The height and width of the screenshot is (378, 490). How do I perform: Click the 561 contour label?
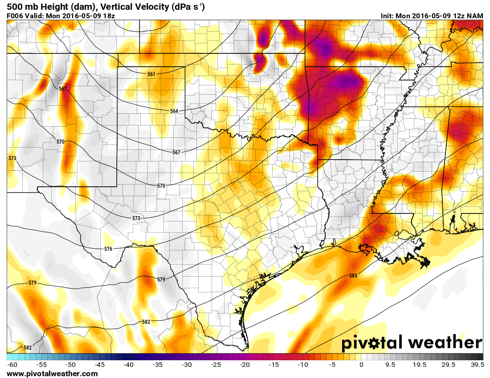click(x=151, y=74)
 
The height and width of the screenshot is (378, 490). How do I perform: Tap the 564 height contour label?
click(x=174, y=111)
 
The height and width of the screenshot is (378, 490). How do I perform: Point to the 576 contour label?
click(x=108, y=249)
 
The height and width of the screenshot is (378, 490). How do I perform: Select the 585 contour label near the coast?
click(x=353, y=276)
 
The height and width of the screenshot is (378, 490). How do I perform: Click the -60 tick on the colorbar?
click(x=12, y=365)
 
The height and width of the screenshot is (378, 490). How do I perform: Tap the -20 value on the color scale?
click(x=245, y=365)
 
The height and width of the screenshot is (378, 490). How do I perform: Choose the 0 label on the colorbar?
click(x=361, y=365)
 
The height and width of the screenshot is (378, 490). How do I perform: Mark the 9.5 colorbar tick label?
click(x=390, y=365)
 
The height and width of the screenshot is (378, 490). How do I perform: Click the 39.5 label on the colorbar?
click(x=477, y=365)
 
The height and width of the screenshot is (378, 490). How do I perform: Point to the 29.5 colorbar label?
click(x=448, y=365)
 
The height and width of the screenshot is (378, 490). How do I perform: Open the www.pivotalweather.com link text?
click(x=52, y=374)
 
